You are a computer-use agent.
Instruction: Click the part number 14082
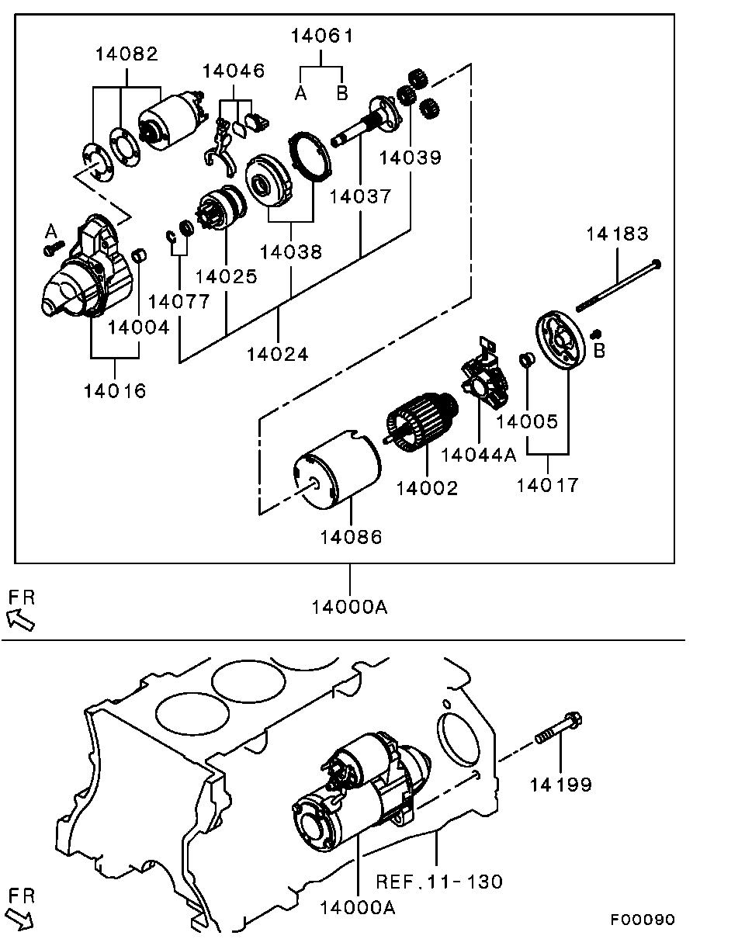[x=126, y=54]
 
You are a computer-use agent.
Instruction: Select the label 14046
[x=234, y=71]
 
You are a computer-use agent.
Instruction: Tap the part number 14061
[x=321, y=36]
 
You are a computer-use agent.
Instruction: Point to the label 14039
[x=410, y=158]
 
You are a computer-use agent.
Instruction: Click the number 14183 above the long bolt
[x=617, y=234]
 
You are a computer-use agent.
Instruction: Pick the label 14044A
[x=479, y=456]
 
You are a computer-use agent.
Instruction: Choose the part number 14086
[x=352, y=537]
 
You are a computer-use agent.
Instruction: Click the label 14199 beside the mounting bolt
[x=560, y=785]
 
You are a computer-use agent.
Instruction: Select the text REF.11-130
[x=439, y=882]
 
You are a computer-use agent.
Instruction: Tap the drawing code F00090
[x=642, y=920]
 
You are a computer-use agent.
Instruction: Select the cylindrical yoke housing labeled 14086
[x=338, y=472]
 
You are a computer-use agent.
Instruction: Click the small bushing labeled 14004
[x=140, y=256]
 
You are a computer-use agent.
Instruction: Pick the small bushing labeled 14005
[x=526, y=360]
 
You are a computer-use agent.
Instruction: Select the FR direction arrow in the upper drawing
[x=21, y=618]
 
